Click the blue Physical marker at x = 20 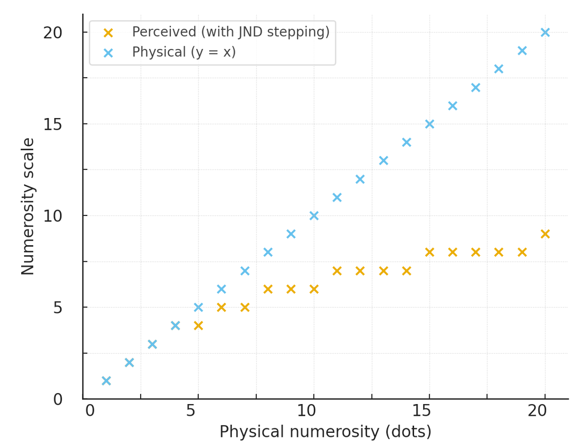click(545, 32)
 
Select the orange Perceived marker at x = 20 click(545, 234)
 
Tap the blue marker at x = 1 click(106, 381)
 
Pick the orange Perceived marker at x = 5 click(198, 326)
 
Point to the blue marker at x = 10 click(314, 216)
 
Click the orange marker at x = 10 click(314, 289)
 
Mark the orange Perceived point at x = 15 click(429, 252)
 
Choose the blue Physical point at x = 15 click(429, 124)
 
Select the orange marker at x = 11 click(337, 271)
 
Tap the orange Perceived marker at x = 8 click(268, 289)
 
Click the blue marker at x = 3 click(152, 344)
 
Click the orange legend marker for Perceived click(108, 33)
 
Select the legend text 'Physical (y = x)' click(184, 52)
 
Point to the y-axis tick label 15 click(52, 124)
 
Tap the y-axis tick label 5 click(58, 307)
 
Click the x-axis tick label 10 click(307, 411)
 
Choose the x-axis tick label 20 click(538, 411)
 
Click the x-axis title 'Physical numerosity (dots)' click(325, 432)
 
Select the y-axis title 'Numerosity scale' click(28, 206)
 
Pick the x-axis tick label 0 click(90, 411)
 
